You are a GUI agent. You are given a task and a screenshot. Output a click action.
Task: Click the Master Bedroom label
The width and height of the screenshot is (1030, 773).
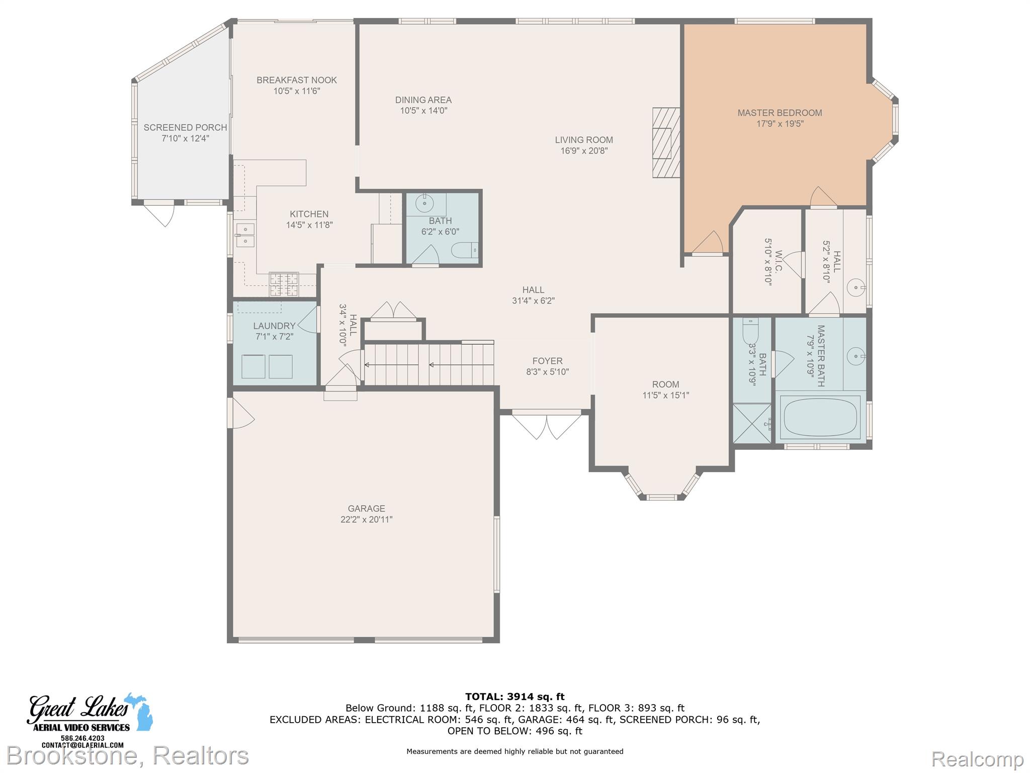click(780, 113)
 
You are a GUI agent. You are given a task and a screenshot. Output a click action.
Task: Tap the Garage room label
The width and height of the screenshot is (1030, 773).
click(366, 508)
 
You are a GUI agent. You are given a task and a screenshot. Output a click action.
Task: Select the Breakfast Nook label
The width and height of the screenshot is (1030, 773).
click(297, 80)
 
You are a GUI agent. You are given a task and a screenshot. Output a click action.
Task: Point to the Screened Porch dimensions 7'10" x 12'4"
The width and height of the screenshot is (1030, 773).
click(185, 138)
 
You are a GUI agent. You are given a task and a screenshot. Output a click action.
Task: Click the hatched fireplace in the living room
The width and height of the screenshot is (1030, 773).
click(666, 142)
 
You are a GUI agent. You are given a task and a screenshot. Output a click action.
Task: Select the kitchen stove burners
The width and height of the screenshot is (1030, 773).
click(284, 284)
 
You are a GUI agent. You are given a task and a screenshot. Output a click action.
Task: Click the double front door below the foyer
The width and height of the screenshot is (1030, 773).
click(547, 425)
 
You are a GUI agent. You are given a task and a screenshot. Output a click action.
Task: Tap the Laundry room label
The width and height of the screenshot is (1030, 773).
click(274, 326)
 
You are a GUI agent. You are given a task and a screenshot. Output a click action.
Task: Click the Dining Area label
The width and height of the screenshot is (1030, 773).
click(423, 100)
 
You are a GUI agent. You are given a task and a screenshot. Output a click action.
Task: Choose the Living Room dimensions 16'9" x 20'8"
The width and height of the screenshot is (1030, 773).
click(584, 150)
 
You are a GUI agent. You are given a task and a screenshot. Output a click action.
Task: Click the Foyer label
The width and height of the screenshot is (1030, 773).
click(548, 361)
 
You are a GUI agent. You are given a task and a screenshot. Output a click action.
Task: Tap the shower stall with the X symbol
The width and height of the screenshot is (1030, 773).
click(751, 423)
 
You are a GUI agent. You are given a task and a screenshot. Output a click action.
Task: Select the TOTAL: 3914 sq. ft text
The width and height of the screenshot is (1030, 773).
click(515, 697)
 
